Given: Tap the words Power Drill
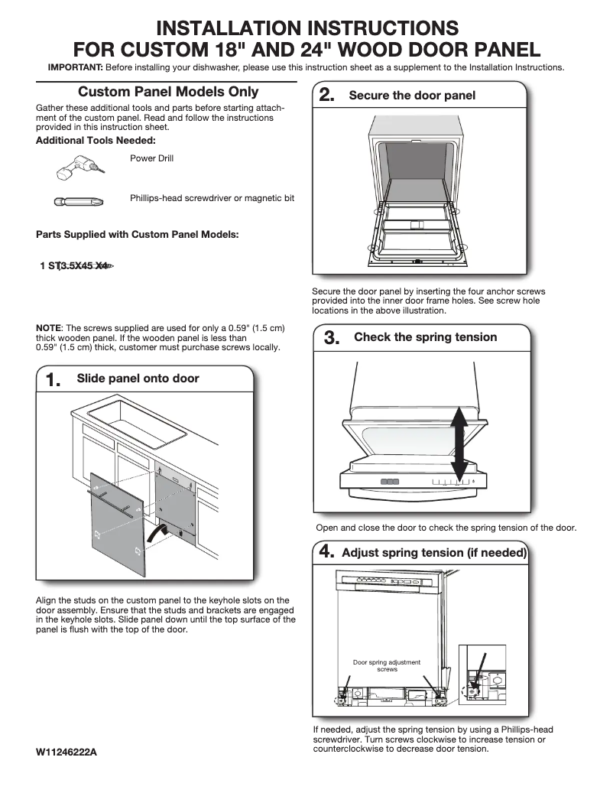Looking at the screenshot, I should click(152, 158).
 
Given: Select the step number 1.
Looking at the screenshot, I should click(54, 380).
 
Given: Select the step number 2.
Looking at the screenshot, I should click(326, 96).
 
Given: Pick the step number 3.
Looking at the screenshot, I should click(332, 338).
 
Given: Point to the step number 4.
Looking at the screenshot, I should click(327, 552).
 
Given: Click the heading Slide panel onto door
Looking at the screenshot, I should click(138, 379).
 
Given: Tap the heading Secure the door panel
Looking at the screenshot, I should click(412, 96).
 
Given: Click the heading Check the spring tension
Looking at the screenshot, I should click(425, 337).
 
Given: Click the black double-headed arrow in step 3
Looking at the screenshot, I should click(459, 443).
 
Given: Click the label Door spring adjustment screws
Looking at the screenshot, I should click(387, 665).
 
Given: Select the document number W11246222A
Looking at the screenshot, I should click(66, 752).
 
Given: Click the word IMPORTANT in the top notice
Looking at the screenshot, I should click(75, 67).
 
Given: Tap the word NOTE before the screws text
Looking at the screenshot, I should click(50, 328).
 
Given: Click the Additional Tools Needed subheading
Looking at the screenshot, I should click(96, 141).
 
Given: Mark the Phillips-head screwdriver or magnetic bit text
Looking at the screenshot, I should click(212, 198).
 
